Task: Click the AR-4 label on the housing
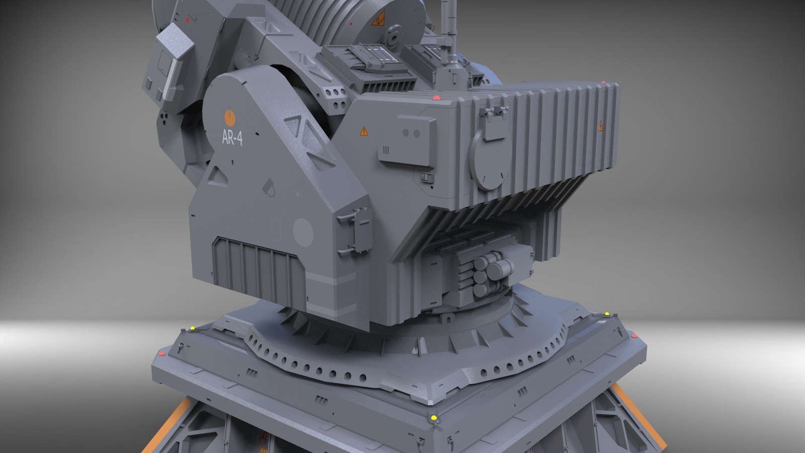[232, 138]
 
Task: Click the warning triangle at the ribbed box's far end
[601, 126]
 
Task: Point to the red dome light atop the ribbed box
[436, 97]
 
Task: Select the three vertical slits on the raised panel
[386, 150]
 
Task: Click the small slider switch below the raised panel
[428, 177]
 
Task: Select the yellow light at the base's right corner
[607, 315]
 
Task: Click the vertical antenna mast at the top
[445, 30]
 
